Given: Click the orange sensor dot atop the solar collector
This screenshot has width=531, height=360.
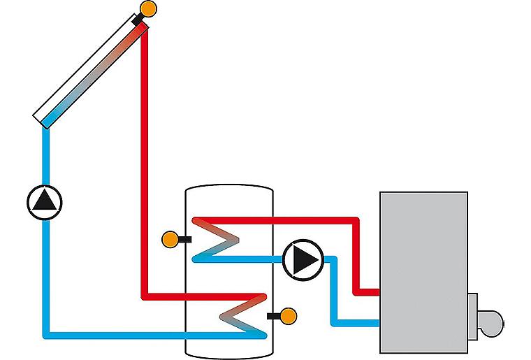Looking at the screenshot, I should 148,10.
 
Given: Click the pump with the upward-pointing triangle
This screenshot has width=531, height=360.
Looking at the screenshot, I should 45,201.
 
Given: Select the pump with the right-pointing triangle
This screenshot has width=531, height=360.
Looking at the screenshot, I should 303,259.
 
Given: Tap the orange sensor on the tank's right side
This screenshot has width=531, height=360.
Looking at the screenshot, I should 287,316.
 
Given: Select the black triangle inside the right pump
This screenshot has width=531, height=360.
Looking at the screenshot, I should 304,259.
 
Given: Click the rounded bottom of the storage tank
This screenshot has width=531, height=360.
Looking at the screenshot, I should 228,350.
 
